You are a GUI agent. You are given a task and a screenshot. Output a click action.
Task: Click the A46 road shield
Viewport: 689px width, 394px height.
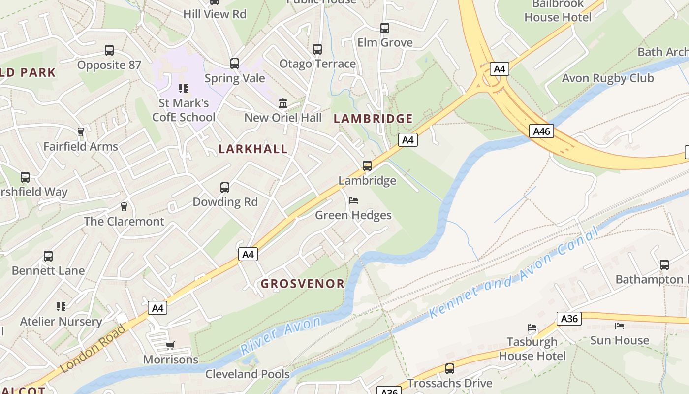click(542, 131)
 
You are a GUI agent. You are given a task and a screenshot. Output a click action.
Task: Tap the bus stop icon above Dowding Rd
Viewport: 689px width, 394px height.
click(225, 188)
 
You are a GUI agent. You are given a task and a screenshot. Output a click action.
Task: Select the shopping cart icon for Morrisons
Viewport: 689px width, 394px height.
click(170, 345)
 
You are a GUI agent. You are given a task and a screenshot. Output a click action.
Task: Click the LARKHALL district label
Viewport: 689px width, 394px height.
click(253, 149)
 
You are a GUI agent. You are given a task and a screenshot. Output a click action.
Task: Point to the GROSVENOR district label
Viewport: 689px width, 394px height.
click(303, 284)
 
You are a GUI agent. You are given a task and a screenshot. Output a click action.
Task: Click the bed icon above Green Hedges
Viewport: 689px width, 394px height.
click(353, 200)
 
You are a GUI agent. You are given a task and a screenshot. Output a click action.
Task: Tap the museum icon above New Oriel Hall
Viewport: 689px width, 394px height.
click(283, 103)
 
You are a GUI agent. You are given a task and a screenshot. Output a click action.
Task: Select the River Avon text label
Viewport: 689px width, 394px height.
click(281, 336)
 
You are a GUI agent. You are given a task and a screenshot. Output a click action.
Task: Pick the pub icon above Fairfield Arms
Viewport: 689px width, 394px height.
click(81, 132)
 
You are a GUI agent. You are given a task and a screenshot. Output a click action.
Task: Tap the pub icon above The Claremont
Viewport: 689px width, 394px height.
click(124, 207)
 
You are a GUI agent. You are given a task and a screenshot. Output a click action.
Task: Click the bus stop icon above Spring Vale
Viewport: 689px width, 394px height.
click(235, 64)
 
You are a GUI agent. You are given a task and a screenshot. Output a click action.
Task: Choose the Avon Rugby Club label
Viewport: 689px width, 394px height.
click(608, 78)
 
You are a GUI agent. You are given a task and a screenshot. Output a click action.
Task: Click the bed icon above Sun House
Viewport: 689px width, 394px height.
click(620, 326)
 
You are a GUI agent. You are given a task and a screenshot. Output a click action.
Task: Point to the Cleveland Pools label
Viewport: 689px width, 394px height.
click(248, 374)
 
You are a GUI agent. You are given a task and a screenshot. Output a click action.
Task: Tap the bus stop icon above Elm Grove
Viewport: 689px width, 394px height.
click(385, 28)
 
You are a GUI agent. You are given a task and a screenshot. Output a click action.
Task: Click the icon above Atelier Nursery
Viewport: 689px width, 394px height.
click(61, 307)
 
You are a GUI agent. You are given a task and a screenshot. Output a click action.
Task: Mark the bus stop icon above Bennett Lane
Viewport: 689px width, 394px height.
click(48, 256)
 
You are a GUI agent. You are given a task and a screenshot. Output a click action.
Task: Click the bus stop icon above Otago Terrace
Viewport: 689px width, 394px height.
click(317, 49)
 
